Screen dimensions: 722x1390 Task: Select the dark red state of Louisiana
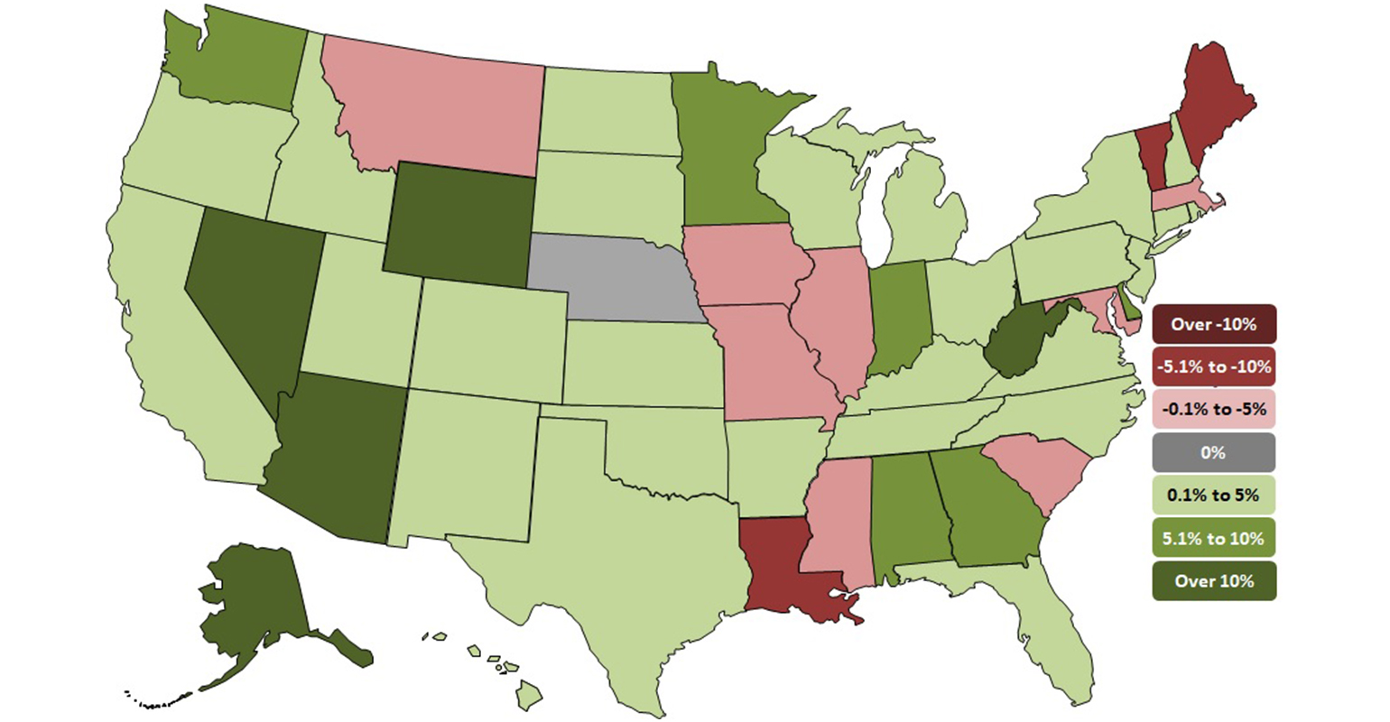pos(785,569)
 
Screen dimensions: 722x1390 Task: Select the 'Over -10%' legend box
pos(1213,324)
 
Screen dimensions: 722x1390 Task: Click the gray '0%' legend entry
pos(1213,452)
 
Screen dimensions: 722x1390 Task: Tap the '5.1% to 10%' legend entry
pos(1213,538)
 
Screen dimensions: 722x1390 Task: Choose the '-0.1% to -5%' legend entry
pos(1213,410)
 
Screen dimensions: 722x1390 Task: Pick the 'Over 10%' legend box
pos(1213,580)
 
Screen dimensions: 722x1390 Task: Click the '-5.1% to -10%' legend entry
pos(1213,366)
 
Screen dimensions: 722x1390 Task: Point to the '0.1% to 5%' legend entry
pos(1213,495)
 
